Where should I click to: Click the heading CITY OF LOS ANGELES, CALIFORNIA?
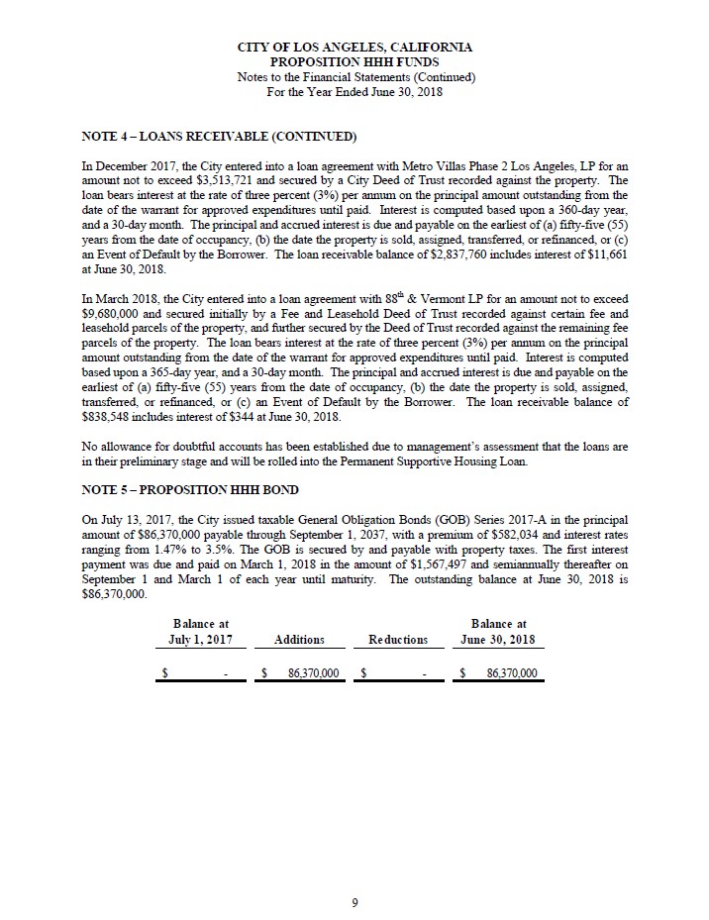354,48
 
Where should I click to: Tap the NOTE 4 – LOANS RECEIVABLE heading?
219,135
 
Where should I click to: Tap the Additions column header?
300,640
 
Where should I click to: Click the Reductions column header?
399,640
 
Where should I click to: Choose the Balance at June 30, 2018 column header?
498,632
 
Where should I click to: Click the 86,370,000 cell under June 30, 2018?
511,673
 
